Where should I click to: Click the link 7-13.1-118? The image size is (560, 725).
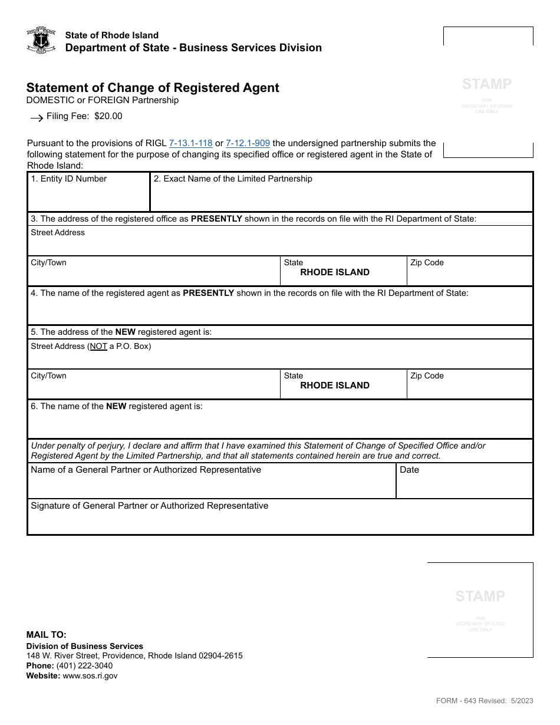(x=190, y=143)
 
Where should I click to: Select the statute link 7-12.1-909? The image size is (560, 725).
(x=248, y=143)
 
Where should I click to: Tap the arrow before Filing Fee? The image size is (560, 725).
(x=37, y=118)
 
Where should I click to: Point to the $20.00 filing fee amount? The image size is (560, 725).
(x=108, y=116)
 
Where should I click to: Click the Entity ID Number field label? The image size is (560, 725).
(x=69, y=179)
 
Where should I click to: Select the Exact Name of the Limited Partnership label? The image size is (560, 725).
(x=233, y=179)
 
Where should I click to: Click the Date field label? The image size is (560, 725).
(x=409, y=470)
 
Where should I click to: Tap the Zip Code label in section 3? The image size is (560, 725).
(x=427, y=263)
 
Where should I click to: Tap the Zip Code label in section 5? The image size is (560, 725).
(x=427, y=376)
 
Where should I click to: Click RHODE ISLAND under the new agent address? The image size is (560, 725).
(x=335, y=385)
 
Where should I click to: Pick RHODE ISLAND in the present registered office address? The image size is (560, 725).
(x=335, y=272)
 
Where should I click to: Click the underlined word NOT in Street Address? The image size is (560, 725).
(x=98, y=347)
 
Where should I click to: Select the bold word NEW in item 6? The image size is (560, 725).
(x=116, y=406)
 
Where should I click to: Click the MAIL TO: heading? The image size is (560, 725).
(x=47, y=635)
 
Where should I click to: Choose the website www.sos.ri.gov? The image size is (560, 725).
(x=90, y=676)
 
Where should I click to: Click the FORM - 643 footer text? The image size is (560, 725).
(x=469, y=701)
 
